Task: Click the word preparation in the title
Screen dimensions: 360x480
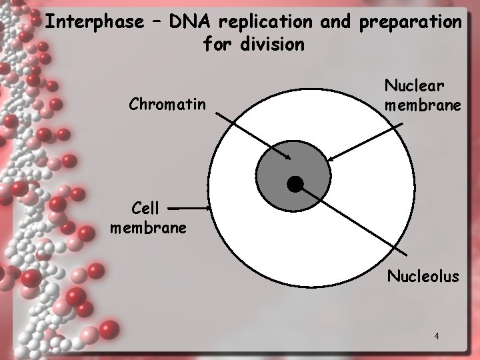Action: tap(409, 22)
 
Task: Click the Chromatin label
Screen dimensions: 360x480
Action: tap(168, 104)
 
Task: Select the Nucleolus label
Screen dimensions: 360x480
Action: tap(423, 275)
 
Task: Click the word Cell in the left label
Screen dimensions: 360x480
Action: tap(145, 208)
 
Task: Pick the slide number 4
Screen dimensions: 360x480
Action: tap(436, 335)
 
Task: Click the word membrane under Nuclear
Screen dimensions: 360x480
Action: tap(423, 105)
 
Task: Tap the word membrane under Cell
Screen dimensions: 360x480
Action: tap(148, 228)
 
